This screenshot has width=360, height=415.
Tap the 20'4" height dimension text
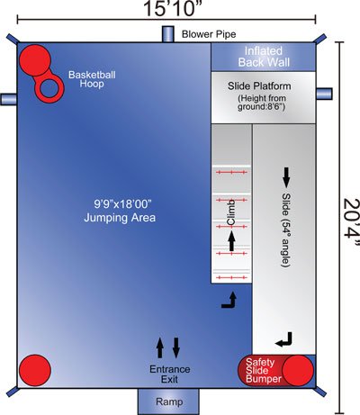351,222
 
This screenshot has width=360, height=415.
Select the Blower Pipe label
209,34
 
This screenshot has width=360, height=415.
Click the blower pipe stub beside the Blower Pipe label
168,34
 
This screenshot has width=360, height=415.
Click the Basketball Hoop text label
92,79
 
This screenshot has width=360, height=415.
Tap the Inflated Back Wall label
264,57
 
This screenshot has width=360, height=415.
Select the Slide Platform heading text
259,86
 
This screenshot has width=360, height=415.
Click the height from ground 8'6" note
262,103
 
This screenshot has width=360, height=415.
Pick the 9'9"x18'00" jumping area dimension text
123,204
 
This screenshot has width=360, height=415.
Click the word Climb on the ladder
231,212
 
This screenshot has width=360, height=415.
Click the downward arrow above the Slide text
286,177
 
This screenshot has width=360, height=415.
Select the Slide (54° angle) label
286,230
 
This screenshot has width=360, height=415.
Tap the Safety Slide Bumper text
264,370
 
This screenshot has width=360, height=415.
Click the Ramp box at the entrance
168,401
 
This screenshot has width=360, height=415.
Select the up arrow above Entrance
160,347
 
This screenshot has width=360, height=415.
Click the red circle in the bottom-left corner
35,370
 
